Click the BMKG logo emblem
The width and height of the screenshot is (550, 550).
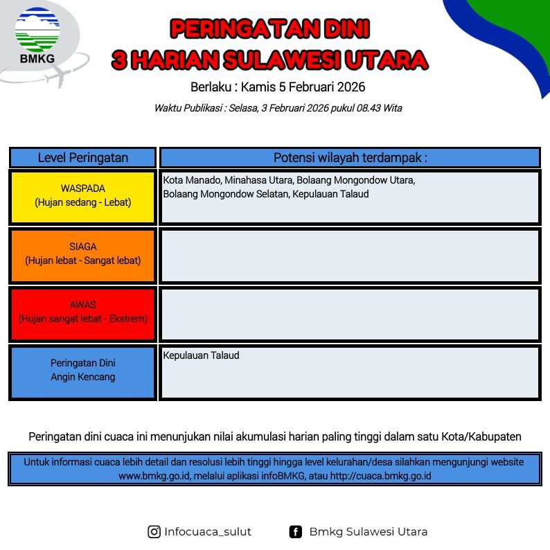(x=37, y=30)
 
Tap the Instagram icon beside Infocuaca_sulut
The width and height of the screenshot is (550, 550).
(x=154, y=532)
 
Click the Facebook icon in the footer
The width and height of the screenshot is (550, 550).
(x=295, y=532)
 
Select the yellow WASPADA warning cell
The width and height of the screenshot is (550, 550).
(x=83, y=197)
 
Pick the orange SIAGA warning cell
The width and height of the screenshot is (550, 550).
(x=83, y=256)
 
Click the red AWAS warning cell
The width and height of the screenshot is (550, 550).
(x=83, y=314)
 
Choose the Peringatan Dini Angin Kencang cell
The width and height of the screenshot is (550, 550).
(x=83, y=372)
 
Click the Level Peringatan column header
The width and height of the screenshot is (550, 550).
(x=83, y=157)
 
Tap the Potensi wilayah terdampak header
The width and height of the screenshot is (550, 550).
(x=350, y=157)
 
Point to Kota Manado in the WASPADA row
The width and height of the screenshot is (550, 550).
(x=192, y=180)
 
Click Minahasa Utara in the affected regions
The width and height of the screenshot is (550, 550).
(x=259, y=180)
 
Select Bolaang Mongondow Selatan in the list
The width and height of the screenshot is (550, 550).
(x=226, y=194)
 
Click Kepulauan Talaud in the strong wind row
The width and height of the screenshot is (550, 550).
(x=202, y=355)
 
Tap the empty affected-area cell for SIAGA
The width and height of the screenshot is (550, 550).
(x=350, y=256)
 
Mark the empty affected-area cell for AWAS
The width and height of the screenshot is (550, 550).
(x=350, y=314)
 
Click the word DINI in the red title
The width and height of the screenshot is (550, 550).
(x=346, y=29)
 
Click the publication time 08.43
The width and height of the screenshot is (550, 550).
(x=369, y=108)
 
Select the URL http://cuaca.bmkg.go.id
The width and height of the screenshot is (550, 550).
(x=380, y=476)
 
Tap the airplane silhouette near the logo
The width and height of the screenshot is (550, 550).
(x=59, y=76)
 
